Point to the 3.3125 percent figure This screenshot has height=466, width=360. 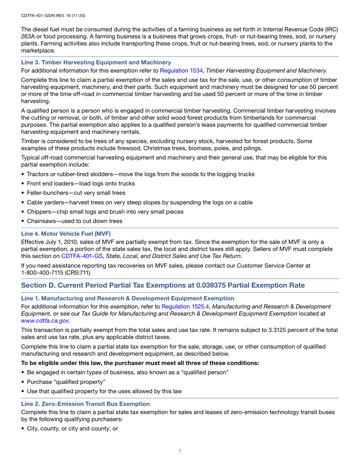coord(272,330)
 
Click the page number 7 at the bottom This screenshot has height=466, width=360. coord(180,451)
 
